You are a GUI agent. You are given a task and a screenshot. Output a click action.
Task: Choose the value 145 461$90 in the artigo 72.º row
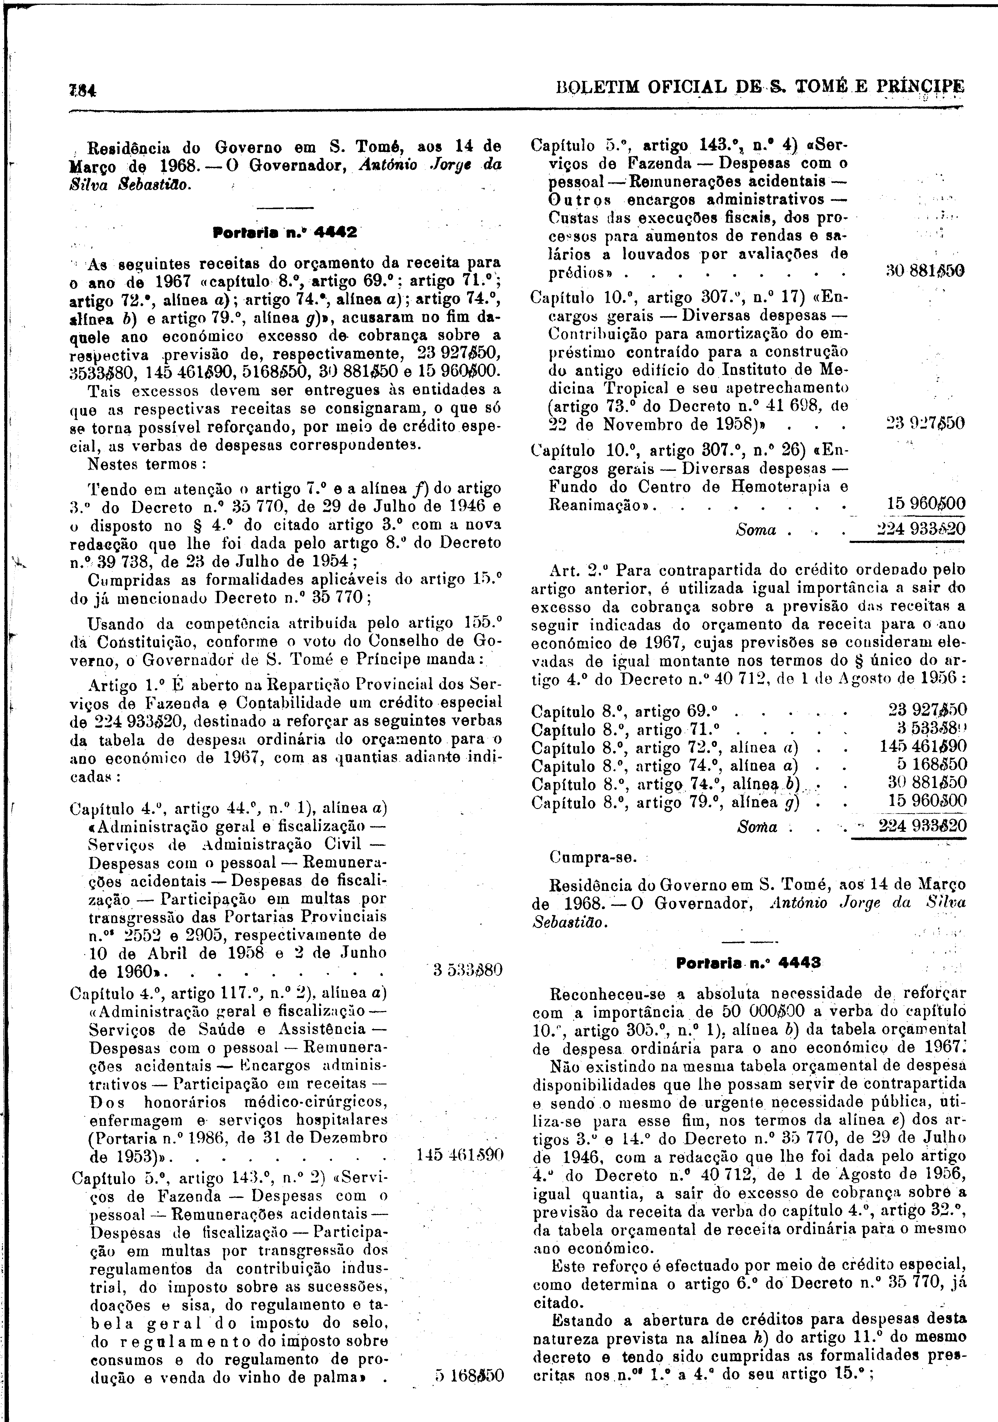923,746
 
